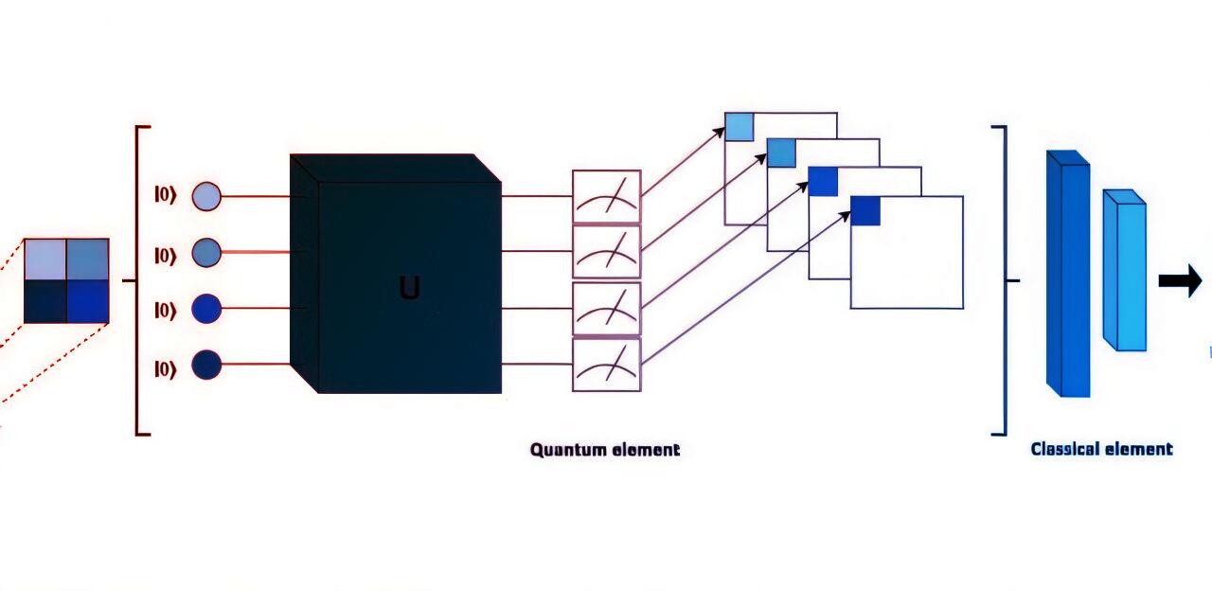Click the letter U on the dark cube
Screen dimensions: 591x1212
tap(409, 288)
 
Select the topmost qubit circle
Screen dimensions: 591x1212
tap(206, 197)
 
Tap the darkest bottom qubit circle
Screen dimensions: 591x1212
tap(206, 365)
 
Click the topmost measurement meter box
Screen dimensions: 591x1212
tap(606, 197)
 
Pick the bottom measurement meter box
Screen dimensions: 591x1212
tap(606, 365)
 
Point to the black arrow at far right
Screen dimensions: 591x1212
tap(1180, 281)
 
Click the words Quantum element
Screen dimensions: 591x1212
tap(605, 450)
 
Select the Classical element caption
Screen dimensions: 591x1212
tap(1101, 450)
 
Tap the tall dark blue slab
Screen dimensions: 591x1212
tap(1068, 275)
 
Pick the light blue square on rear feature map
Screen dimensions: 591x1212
tap(739, 126)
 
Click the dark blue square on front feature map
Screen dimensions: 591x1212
tap(865, 210)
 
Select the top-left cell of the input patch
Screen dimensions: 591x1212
tap(45, 260)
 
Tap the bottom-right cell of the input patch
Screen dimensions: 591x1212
tap(88, 302)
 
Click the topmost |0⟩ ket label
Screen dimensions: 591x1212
tap(166, 197)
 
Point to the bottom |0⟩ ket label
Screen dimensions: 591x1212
tap(166, 368)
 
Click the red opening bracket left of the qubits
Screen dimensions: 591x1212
tap(139, 280)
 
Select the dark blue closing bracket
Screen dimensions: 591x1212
tap(1001, 280)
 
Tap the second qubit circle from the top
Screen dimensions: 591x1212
tap(206, 253)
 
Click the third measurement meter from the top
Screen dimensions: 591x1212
tap(606, 309)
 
